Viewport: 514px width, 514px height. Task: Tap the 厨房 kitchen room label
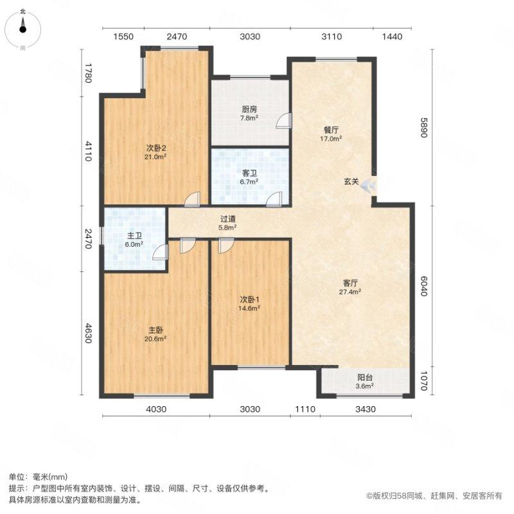250,109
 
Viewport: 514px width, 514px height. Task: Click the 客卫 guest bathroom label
250,173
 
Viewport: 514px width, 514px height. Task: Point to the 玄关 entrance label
350,182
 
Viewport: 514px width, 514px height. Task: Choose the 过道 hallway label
227,218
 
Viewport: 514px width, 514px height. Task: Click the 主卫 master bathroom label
134,236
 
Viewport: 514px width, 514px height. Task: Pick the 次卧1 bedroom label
250,300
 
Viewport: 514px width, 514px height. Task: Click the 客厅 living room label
350,283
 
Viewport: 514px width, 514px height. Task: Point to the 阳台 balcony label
364,378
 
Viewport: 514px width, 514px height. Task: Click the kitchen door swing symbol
283,121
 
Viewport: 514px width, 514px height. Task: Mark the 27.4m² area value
350,292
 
